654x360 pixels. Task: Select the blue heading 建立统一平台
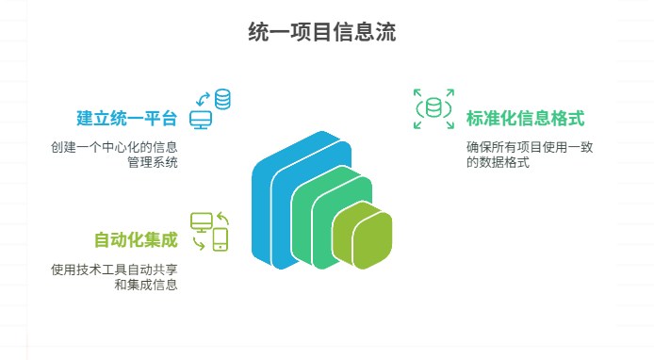pos(126,120)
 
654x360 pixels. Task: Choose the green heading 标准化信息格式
pos(525,120)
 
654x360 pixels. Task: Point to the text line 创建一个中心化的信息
pos(115,148)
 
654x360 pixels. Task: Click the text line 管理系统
pos(153,163)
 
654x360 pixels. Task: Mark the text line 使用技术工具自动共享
pos(115,269)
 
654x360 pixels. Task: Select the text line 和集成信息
pos(146,284)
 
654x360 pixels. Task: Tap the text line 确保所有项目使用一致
pos(530,148)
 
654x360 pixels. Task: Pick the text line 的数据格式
pos(498,163)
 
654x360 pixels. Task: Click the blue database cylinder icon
pos(223,98)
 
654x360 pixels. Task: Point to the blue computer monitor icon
pos(201,120)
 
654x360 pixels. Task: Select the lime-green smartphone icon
pos(221,239)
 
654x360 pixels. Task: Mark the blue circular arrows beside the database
pos(202,97)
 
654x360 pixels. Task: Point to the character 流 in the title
pos(384,33)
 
